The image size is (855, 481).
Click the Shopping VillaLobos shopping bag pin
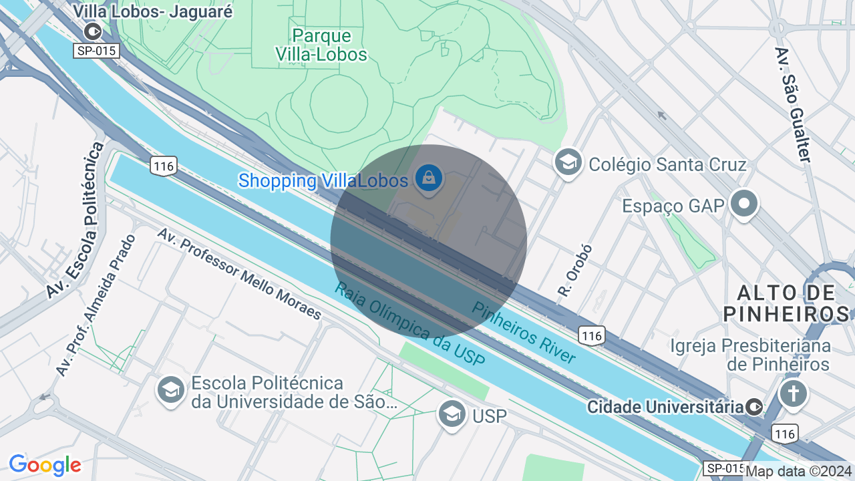click(427, 178)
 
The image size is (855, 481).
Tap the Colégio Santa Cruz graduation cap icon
click(568, 163)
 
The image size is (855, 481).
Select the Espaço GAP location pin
click(743, 204)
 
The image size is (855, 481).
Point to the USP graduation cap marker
click(452, 415)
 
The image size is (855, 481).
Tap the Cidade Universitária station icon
click(754, 407)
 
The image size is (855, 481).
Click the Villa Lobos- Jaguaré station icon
click(92, 31)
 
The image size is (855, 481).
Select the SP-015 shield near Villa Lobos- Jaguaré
click(96, 51)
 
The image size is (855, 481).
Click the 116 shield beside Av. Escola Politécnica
click(163, 166)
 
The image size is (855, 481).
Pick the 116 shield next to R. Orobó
click(592, 335)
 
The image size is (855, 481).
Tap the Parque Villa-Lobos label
click(322, 45)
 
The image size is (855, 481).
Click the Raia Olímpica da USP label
click(409, 324)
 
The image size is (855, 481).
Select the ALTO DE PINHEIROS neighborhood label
click(786, 303)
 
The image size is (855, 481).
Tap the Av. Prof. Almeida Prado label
click(96, 305)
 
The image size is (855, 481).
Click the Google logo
click(45, 465)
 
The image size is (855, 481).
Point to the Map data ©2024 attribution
click(799, 471)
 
